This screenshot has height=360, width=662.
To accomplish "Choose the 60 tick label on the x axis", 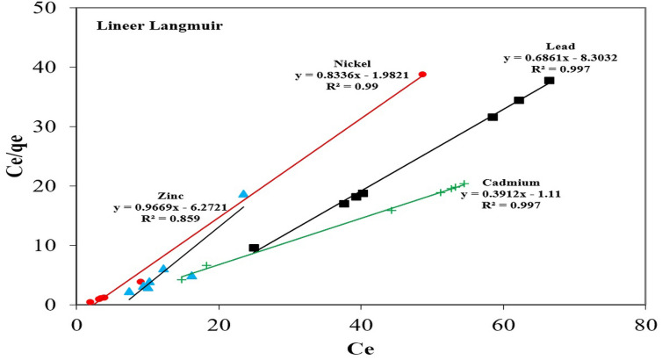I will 502,322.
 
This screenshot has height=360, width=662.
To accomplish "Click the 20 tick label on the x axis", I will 219,322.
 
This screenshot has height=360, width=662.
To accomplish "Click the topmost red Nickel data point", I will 422,75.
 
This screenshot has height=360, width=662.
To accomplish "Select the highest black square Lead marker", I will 549,81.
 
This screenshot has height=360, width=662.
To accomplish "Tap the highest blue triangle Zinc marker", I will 243,194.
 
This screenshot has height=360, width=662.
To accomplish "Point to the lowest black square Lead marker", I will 254,248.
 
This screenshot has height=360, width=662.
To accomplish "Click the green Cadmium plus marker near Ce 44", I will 392,210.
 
